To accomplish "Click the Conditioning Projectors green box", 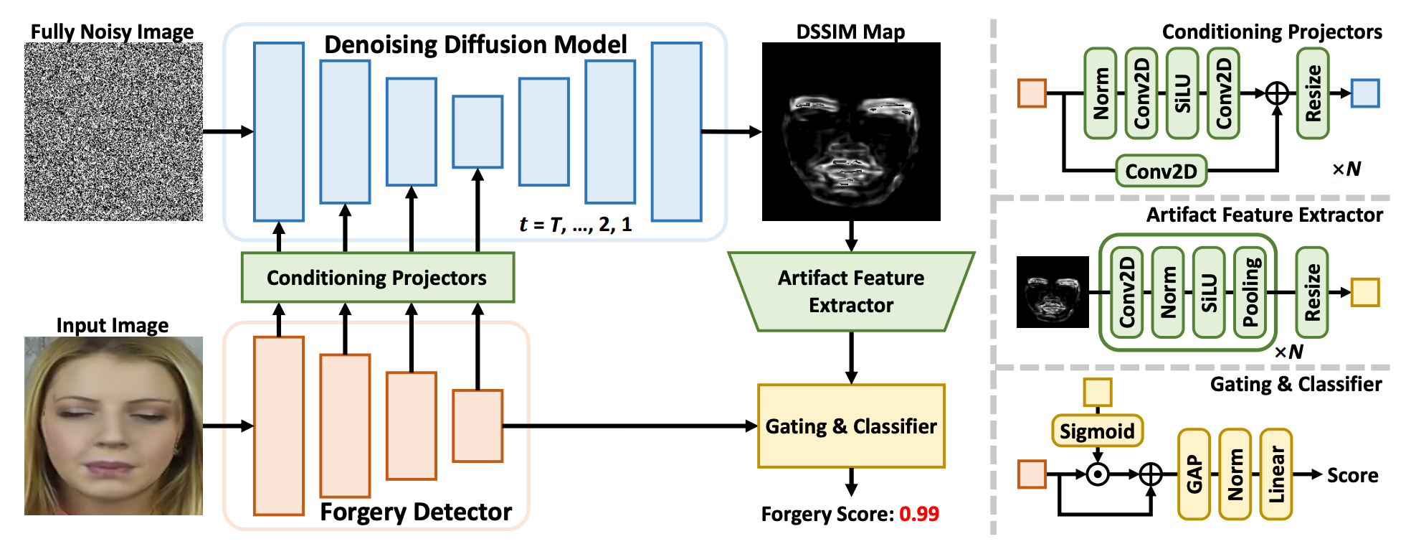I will coord(377,277).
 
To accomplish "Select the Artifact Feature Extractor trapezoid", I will coord(851,291).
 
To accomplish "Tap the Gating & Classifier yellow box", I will coord(851,426).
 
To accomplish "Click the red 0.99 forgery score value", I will coord(919,514).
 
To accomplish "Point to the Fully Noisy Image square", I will coord(113,131).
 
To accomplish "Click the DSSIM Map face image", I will coord(851,131).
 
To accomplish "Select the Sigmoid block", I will coord(1097,431).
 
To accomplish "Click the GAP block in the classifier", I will coord(1194,474).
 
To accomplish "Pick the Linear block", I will coord(1276,474).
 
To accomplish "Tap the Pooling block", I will coord(1250,292).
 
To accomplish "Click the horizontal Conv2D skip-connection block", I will coord(1161,172).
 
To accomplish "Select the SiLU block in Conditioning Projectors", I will coord(1182,93).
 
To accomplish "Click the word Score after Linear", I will coord(1352,475).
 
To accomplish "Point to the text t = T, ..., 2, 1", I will coord(575,225).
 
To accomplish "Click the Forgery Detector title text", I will coord(416,512).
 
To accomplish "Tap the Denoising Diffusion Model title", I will coord(475,44).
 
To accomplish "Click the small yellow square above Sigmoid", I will coord(1097,393).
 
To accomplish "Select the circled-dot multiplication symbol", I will coord(1098,474).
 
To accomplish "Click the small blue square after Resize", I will coord(1365,93).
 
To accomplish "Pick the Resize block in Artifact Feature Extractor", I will coord(1312,292).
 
